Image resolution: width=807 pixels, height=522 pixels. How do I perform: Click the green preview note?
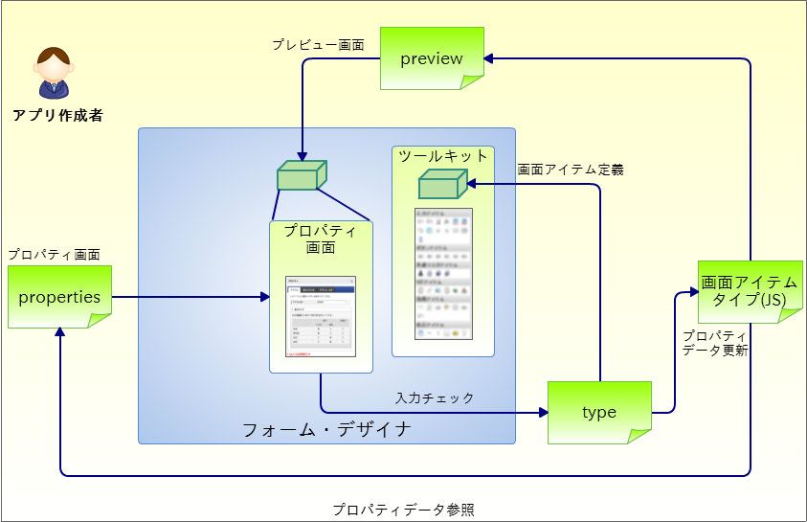pyautogui.click(x=432, y=58)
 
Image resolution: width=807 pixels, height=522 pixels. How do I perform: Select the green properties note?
pyautogui.click(x=59, y=297)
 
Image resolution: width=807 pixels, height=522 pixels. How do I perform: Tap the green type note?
pyautogui.click(x=599, y=413)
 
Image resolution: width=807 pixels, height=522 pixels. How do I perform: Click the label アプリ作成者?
pyautogui.click(x=57, y=116)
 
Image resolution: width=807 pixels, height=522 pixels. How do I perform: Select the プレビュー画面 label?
pyautogui.click(x=318, y=44)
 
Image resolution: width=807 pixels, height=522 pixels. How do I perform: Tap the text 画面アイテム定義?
pyautogui.click(x=571, y=170)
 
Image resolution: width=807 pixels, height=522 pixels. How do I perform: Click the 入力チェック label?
pyautogui.click(x=435, y=397)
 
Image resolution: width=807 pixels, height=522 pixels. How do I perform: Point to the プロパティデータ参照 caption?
pyautogui.click(x=403, y=510)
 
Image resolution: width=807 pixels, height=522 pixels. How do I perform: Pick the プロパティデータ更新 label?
pyautogui.click(x=715, y=343)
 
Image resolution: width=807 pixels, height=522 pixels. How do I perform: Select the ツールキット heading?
pyautogui.click(x=443, y=156)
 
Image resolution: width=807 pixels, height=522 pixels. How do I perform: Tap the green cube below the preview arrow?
pyautogui.click(x=302, y=175)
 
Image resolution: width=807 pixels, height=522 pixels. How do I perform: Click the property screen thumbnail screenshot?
pyautogui.click(x=321, y=317)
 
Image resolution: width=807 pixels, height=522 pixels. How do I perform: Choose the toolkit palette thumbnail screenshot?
pyautogui.click(x=442, y=275)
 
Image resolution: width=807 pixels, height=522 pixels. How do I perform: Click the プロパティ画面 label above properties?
pyautogui.click(x=55, y=255)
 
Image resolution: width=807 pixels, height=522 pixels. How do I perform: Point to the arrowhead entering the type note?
pyautogui.click(x=543, y=413)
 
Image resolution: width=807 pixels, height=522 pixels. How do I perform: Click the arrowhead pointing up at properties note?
pyautogui.click(x=60, y=331)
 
